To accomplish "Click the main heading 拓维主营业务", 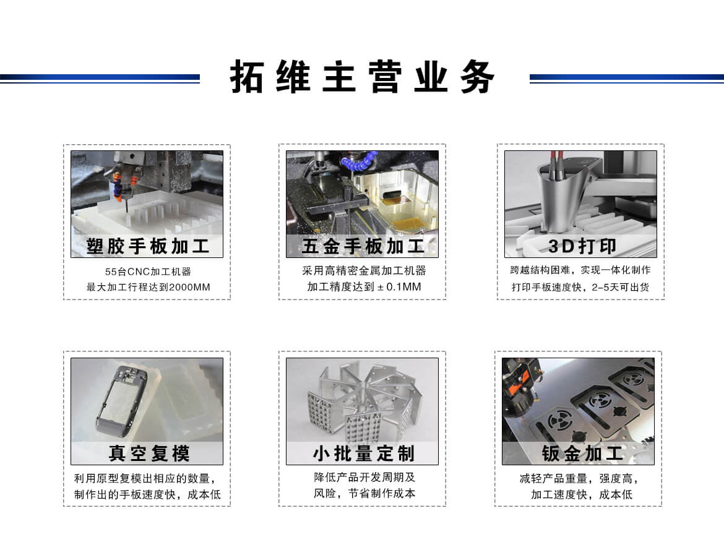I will [363, 77].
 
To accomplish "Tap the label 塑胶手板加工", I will [147, 246].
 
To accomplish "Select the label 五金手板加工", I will [362, 246].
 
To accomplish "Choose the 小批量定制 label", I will [363, 453].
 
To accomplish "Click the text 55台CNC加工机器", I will [148, 271].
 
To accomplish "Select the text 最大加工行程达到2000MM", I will [148, 287].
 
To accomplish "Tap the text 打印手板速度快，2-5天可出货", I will [580, 287].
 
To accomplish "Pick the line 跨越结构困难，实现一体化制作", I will [580, 270].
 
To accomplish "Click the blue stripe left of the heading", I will [100, 78].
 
